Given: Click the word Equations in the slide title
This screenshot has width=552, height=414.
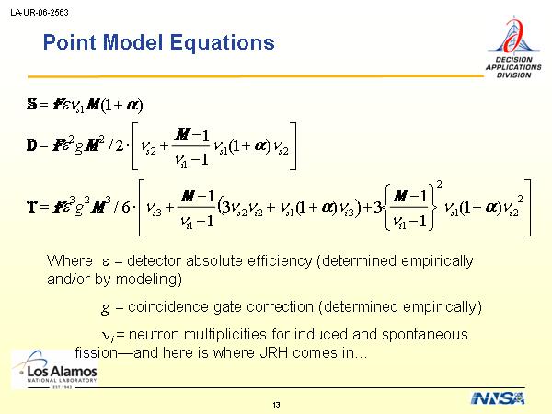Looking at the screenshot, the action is (222, 42).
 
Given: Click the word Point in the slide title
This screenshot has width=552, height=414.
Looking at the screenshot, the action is (69, 42).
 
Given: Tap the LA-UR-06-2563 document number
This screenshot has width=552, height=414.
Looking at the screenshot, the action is (40, 12).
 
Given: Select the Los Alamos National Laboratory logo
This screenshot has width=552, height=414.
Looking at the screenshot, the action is (54, 370).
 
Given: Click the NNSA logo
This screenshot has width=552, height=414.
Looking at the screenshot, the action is (498, 398).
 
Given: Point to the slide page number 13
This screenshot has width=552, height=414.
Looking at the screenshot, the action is (276, 405).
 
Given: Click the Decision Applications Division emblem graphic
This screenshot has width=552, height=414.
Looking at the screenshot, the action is (513, 36).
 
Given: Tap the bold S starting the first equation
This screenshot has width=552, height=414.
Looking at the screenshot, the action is (31, 104).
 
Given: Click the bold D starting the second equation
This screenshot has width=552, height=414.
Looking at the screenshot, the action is (31, 145).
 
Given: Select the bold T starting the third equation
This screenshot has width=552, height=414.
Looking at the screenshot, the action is (31, 206).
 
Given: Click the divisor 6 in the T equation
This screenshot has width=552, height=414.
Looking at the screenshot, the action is (126, 207).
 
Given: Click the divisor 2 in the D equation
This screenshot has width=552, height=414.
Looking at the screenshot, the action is (120, 145).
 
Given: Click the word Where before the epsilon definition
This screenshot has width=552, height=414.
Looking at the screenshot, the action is (70, 261).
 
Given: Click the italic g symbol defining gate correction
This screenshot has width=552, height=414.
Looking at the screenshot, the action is (105, 309).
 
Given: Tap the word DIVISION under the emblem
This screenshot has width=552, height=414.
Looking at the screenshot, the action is (513, 75).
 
